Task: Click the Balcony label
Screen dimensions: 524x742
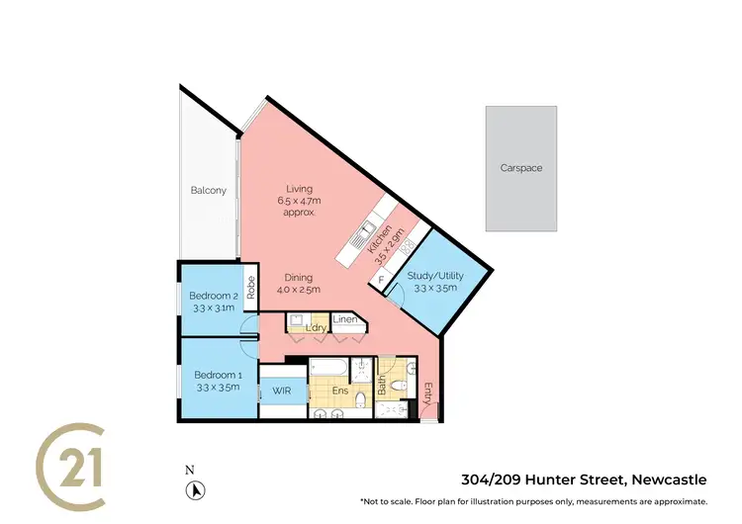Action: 208,191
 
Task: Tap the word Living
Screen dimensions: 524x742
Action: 299,189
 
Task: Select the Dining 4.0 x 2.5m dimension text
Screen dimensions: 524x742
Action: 299,291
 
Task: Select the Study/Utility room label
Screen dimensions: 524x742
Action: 431,276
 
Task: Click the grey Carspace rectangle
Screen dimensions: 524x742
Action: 520,168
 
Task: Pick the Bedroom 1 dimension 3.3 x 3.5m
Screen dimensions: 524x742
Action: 217,387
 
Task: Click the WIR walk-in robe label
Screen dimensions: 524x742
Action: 281,393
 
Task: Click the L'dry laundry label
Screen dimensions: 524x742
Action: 317,327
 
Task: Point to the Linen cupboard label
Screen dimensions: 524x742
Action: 344,319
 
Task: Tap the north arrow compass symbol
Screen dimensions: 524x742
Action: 197,488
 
